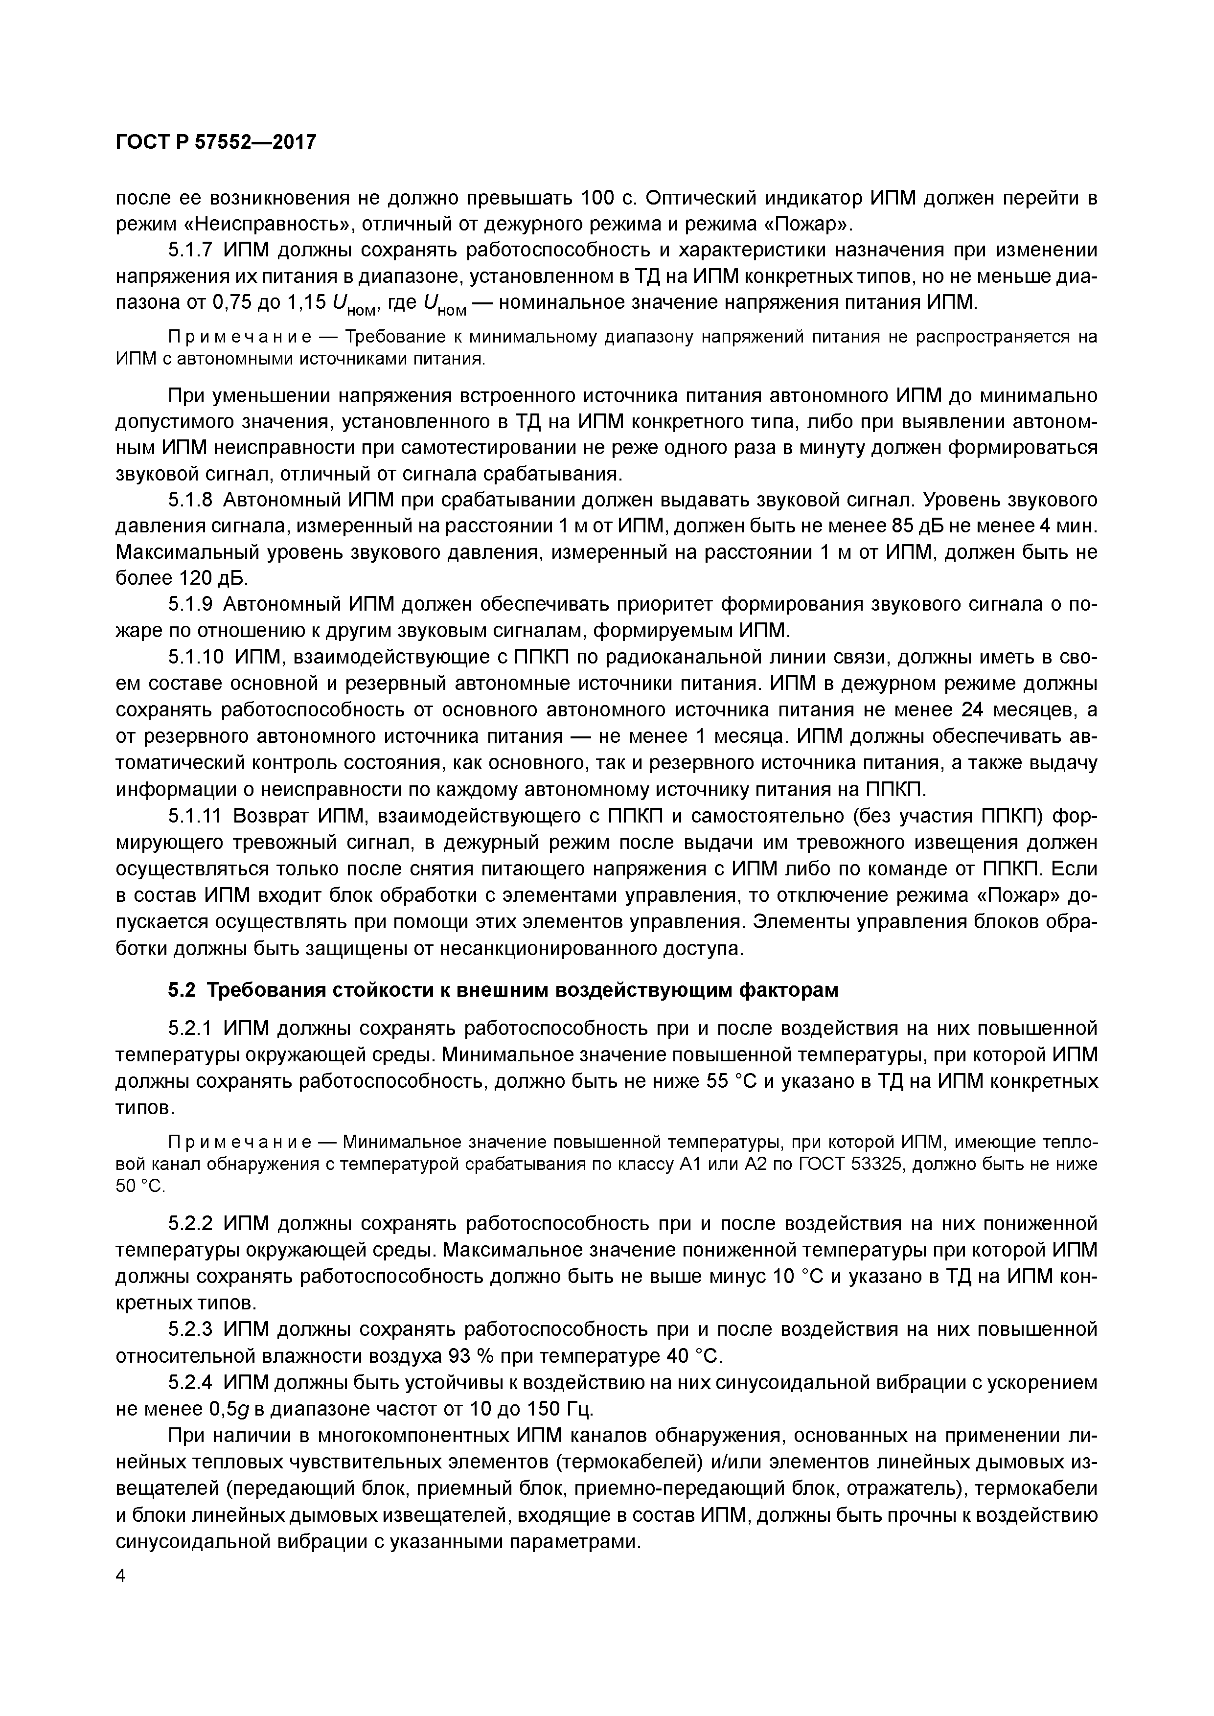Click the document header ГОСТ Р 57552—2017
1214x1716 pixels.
click(217, 141)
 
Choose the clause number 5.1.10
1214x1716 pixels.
click(196, 657)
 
